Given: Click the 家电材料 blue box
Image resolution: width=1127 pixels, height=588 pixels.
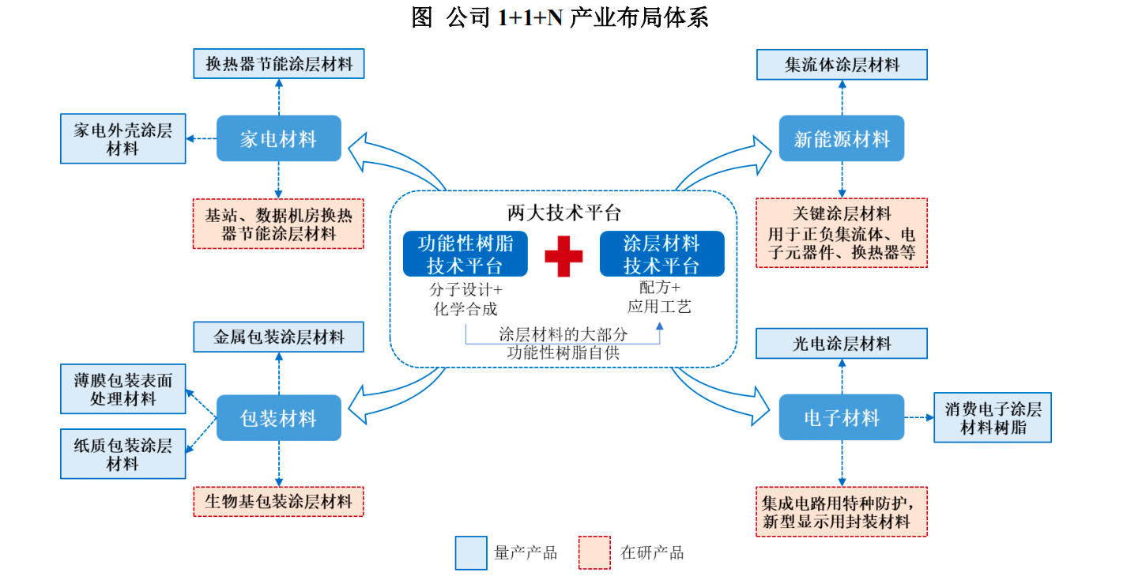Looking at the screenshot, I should [278, 139].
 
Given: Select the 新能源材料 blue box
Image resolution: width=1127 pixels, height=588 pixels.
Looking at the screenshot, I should [841, 139].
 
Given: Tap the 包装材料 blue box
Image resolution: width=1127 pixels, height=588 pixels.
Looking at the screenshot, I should [278, 418].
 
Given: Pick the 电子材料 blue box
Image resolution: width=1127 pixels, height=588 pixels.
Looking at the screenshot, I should [841, 417].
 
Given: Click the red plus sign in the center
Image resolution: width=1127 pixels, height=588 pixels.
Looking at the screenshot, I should [563, 255].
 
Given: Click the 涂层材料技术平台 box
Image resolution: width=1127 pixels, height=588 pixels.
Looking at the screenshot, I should [661, 254].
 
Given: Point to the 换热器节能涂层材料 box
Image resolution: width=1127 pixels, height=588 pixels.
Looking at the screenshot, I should [278, 64].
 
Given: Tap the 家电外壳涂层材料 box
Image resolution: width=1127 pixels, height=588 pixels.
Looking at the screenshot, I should [122, 139].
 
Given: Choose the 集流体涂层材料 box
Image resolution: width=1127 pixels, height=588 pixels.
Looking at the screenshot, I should [841, 65].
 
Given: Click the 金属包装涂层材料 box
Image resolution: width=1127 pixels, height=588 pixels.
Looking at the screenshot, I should [278, 337].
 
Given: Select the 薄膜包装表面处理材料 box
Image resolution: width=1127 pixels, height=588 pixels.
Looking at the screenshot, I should [122, 389].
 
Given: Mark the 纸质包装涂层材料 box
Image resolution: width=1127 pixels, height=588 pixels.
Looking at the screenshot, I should [122, 454].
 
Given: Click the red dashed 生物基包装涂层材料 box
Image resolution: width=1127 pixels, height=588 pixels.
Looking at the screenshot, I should [278, 501].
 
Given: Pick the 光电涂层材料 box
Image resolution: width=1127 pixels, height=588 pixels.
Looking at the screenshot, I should [841, 344].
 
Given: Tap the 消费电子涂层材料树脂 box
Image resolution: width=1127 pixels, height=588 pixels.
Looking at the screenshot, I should [992, 417].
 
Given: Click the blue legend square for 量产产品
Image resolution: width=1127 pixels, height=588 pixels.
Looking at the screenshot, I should [471, 552].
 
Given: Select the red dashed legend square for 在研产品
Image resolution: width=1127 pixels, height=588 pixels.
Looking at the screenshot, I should [594, 552].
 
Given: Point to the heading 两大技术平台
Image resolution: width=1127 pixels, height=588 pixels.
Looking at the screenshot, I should [563, 212].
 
